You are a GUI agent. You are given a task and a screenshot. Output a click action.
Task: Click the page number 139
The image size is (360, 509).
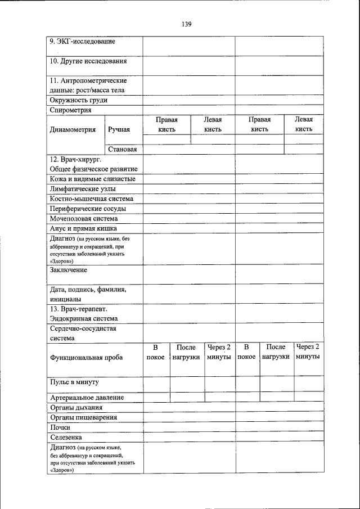click(x=186, y=24)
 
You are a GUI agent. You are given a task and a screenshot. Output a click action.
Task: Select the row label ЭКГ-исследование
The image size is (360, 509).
click(x=82, y=42)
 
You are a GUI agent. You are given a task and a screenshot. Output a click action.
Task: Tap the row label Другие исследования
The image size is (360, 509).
click(x=88, y=61)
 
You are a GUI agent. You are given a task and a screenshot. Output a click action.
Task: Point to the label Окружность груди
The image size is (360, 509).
click(x=78, y=100)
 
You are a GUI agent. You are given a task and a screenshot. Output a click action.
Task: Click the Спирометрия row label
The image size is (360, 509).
click(x=70, y=110)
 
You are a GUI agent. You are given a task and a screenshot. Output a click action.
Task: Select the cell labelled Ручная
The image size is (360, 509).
click(x=119, y=129)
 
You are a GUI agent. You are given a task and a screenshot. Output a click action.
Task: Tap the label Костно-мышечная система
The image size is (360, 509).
click(x=91, y=199)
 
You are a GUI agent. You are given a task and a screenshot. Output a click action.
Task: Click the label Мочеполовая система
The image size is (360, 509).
click(x=84, y=219)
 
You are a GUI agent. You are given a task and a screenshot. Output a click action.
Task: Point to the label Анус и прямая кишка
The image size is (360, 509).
click(x=83, y=229)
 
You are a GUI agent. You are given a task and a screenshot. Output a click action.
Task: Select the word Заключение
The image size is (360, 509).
click(x=69, y=270)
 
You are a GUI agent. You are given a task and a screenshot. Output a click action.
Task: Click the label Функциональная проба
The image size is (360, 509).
click(x=86, y=357)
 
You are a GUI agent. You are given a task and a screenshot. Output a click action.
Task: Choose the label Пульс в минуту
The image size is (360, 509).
click(x=74, y=382)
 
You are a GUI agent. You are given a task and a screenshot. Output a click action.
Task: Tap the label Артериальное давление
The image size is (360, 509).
click(x=87, y=398)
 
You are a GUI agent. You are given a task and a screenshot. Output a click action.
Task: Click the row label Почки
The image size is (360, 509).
click(x=60, y=427)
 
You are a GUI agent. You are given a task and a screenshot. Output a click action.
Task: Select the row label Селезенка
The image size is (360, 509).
click(x=66, y=437)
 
